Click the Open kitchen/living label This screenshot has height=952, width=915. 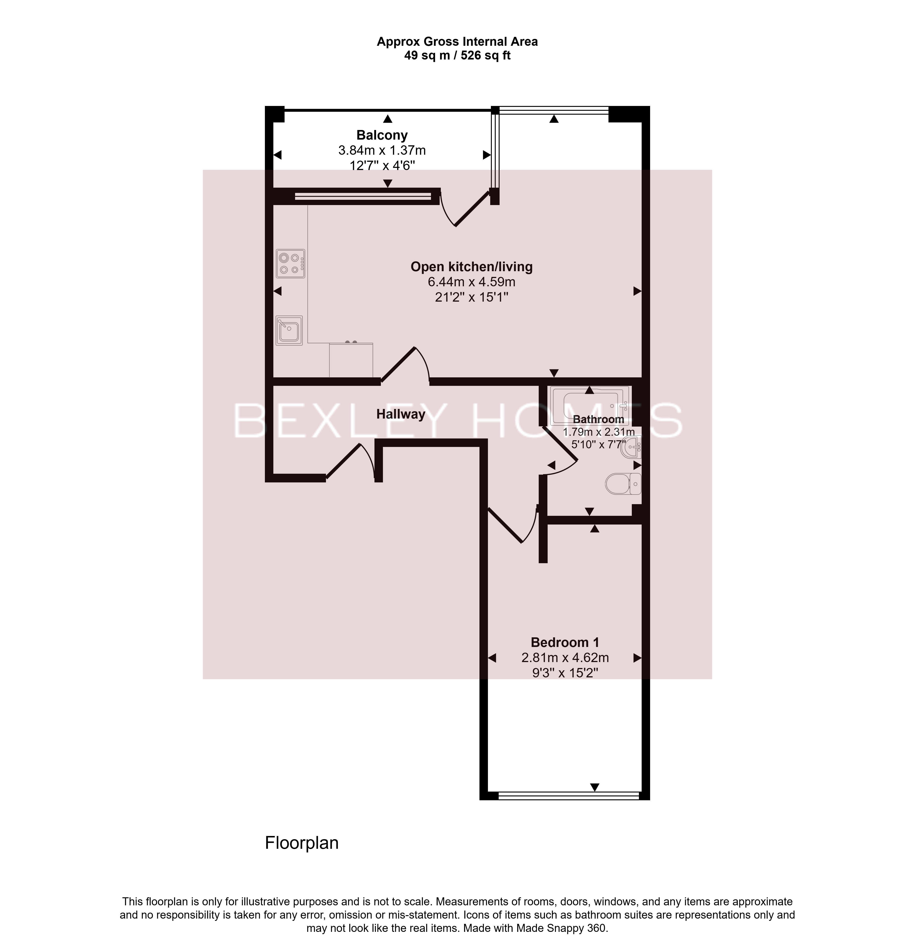(471, 267)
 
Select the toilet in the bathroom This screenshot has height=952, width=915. (623, 484)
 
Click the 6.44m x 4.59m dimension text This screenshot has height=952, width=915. (471, 282)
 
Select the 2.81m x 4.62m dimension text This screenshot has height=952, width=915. (565, 658)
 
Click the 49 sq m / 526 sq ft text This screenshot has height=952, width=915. (457, 55)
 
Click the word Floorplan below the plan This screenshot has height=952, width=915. (301, 843)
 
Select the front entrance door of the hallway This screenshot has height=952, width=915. (350, 461)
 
